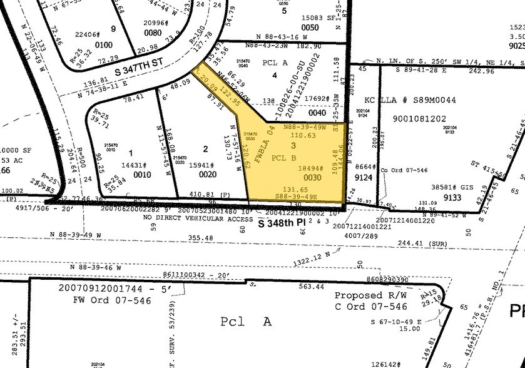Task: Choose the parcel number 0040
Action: (317, 113)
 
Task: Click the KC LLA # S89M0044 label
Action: (416, 100)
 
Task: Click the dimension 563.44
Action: (311, 287)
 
